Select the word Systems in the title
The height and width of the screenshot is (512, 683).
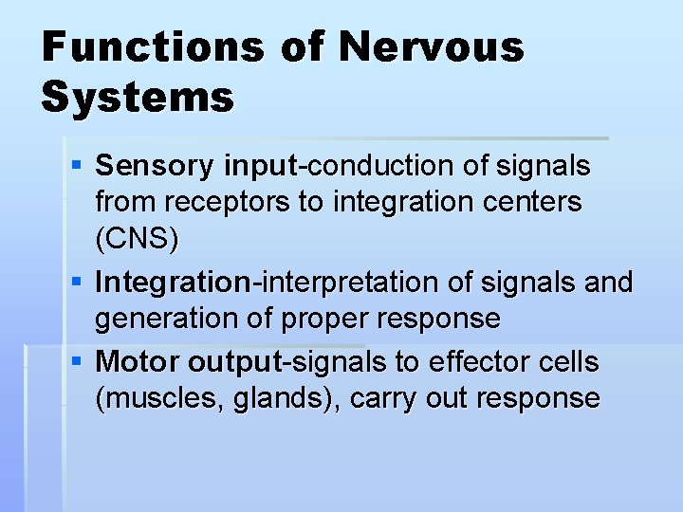pyautogui.click(x=138, y=97)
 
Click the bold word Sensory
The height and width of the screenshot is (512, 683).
pyautogui.click(x=156, y=167)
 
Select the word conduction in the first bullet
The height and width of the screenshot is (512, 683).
pyautogui.click(x=376, y=167)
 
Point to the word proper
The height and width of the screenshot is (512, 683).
pyautogui.click(x=326, y=320)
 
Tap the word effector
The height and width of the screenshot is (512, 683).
pyautogui.click(x=473, y=362)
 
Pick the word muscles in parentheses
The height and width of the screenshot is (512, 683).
pyautogui.click(x=162, y=398)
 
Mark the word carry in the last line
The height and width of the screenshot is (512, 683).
pyautogui.click(x=383, y=399)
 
